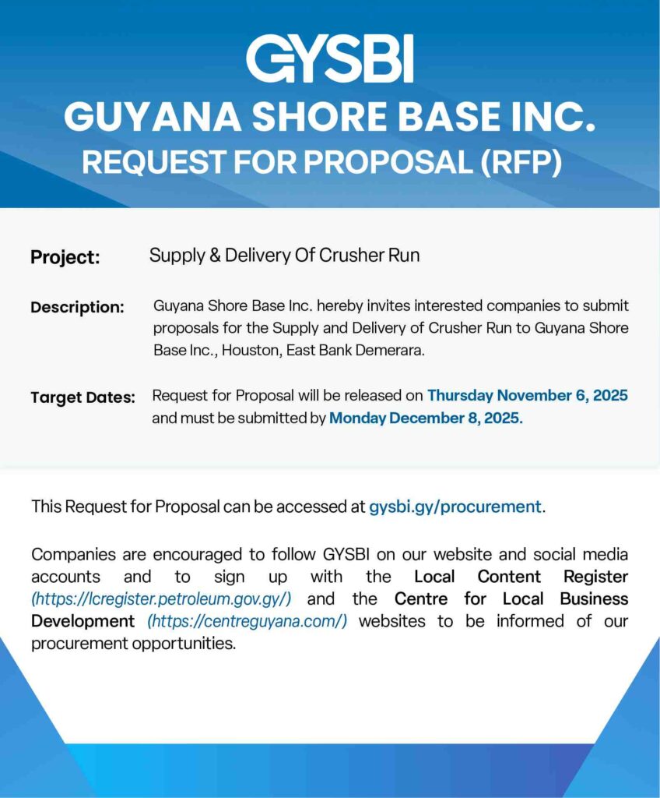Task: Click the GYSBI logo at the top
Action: pos(329,59)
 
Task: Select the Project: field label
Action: pos(65,257)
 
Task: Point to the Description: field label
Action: pos(77,307)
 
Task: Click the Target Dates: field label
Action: pos(82,397)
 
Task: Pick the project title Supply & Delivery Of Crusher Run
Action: pos(284,255)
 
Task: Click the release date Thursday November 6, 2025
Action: pos(528,395)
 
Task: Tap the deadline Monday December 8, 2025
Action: pos(426,418)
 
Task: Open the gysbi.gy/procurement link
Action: pos(455,507)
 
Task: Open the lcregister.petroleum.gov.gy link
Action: pos(161,599)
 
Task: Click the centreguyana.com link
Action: pos(247,621)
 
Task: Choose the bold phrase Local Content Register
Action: pos(521,577)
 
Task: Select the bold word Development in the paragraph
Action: pos(82,621)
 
